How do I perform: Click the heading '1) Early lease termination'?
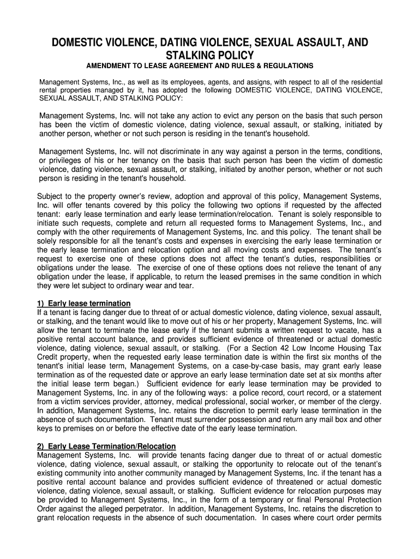pyautogui.click(x=83, y=303)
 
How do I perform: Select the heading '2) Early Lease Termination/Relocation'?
pyautogui.click(x=106, y=445)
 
